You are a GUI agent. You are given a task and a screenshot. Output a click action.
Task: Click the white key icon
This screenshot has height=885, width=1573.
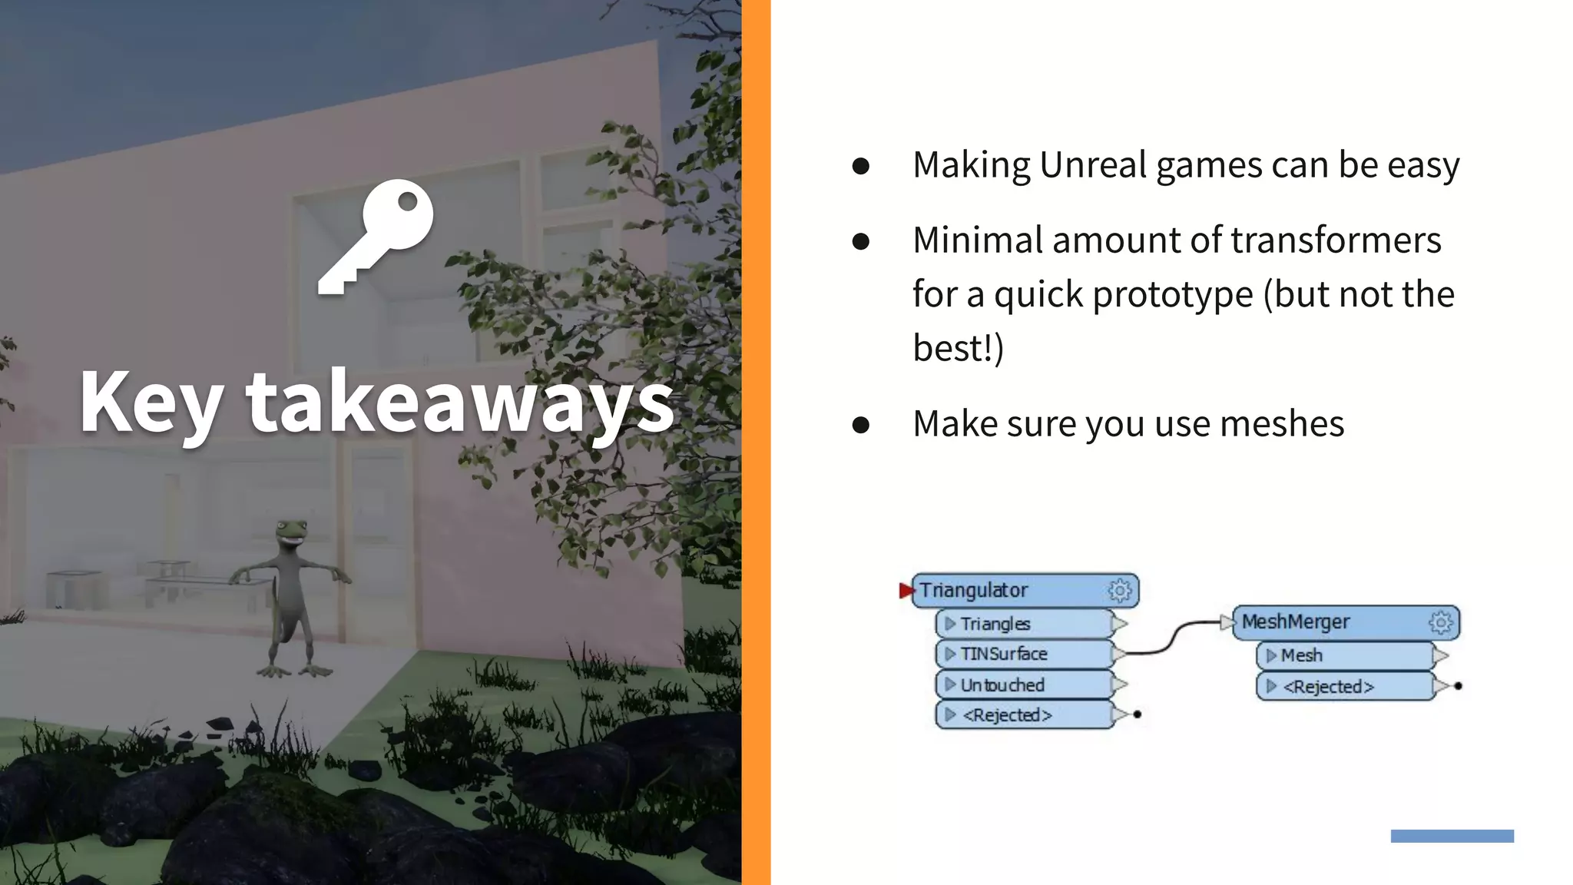pyautogui.click(x=376, y=236)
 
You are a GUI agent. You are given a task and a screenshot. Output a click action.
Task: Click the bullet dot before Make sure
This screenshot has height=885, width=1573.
pyautogui.click(x=860, y=425)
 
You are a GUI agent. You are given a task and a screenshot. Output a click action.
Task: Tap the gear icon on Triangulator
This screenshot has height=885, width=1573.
pyautogui.click(x=1120, y=590)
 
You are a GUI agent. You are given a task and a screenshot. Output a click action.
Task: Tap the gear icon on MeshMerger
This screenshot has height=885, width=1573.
pyautogui.click(x=1440, y=621)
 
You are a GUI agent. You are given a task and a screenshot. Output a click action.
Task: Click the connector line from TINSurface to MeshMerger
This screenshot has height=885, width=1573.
pyautogui.click(x=1174, y=637)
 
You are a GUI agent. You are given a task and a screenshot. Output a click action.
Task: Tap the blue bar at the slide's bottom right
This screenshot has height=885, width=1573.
pyautogui.click(x=1452, y=836)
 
